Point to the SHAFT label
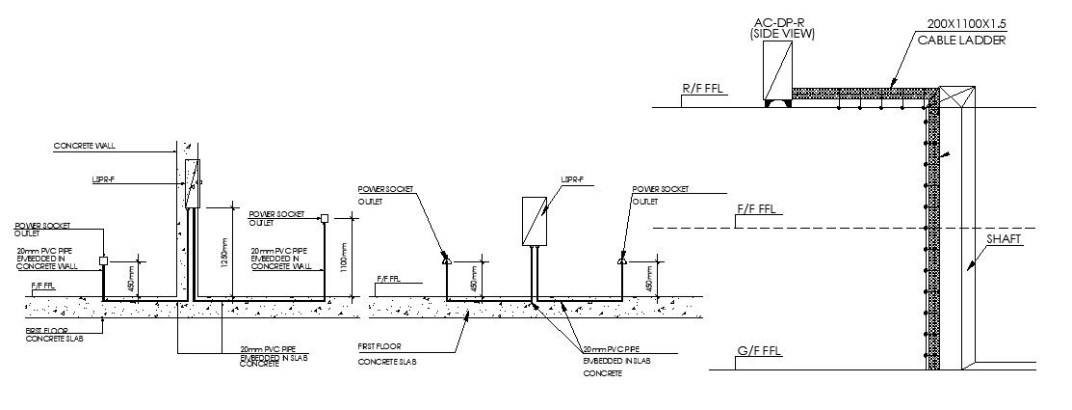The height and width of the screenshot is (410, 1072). pyautogui.click(x=1003, y=239)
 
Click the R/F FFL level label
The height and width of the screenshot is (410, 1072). pyautogui.click(x=703, y=90)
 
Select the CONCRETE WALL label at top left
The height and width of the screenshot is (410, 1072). pyautogui.click(x=84, y=147)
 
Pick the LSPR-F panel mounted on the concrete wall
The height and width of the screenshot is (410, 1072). pyautogui.click(x=192, y=182)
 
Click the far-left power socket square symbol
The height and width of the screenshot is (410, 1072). pyautogui.click(x=103, y=260)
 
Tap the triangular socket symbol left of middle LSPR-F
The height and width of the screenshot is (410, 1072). pyautogui.click(x=445, y=260)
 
